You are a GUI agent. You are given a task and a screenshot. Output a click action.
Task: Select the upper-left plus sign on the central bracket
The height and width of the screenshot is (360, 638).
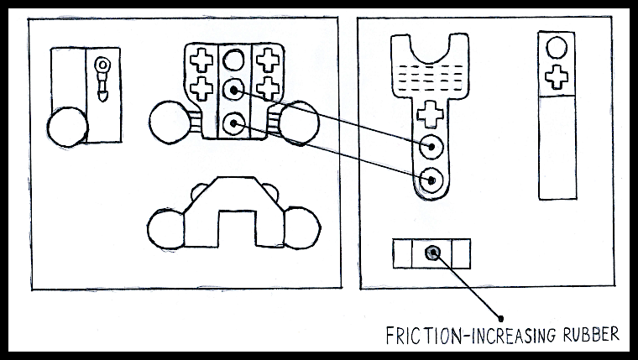point(201,60)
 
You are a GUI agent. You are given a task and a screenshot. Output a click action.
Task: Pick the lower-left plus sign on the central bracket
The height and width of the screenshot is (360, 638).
point(201,86)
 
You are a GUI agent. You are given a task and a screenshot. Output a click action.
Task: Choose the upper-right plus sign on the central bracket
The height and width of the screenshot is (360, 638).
point(268,60)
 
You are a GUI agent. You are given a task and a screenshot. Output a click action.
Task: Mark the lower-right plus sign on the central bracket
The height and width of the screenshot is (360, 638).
point(268,86)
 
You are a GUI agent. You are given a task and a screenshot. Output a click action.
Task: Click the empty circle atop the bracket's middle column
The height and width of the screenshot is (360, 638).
point(234,60)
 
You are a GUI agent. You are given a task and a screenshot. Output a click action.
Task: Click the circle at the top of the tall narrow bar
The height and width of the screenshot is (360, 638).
point(555,49)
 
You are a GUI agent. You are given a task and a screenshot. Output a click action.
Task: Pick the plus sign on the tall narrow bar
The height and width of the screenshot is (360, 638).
point(555,78)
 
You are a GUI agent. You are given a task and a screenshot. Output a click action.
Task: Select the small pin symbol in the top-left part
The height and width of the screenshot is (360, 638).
point(102,78)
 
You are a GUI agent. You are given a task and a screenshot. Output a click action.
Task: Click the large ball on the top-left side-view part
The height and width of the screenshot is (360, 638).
point(67,129)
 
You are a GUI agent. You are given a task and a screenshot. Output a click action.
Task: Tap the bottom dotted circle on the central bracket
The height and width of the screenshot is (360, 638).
point(234,124)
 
